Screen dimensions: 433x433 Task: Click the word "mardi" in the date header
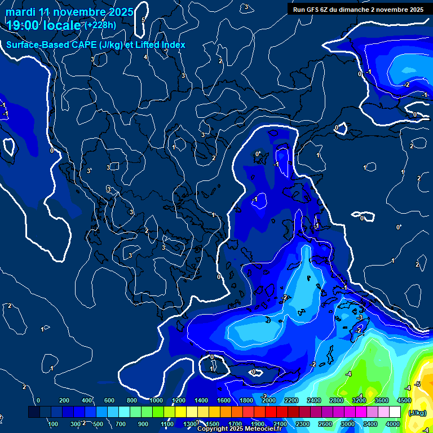20,12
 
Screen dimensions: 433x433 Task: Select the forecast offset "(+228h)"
100,25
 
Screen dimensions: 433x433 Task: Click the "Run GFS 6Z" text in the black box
313,10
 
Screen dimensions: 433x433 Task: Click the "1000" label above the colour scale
156,400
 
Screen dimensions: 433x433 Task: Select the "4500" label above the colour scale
403,400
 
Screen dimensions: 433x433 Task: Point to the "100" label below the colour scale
53,423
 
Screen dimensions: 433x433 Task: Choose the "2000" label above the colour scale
269,400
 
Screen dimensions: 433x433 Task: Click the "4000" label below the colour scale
393,423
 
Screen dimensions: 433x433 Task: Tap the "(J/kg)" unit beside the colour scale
417,412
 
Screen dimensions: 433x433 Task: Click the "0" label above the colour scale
38,400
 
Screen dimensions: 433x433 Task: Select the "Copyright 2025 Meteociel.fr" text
240,429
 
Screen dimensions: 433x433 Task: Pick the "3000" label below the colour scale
348,423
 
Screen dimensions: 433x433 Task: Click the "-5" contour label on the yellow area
417,385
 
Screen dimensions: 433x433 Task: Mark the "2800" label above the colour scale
337,400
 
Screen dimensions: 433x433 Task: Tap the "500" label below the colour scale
98,423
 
